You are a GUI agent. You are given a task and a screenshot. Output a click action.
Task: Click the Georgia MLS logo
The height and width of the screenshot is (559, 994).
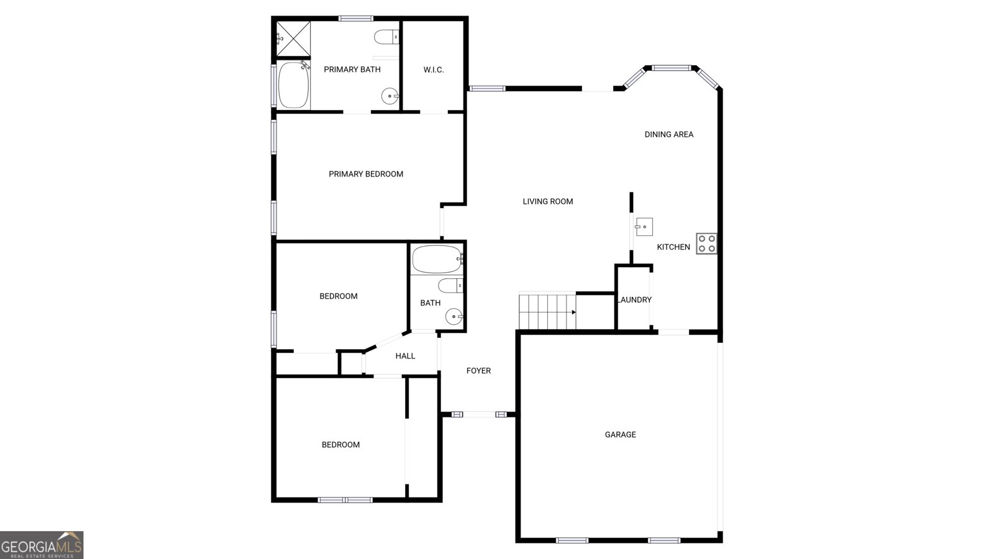[x=41, y=545]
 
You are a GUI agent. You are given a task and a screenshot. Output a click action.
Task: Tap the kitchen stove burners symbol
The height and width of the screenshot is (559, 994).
[x=706, y=243]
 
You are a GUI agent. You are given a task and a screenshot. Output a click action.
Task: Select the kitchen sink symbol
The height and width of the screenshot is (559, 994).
[x=644, y=227]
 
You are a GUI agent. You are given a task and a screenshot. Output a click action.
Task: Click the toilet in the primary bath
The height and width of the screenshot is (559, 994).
[x=386, y=37]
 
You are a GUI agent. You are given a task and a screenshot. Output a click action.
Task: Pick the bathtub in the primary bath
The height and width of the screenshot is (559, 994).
[x=294, y=85]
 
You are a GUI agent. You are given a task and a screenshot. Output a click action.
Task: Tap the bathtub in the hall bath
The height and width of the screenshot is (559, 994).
[x=437, y=260]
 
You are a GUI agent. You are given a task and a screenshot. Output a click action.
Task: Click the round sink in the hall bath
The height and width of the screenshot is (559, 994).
[x=454, y=317]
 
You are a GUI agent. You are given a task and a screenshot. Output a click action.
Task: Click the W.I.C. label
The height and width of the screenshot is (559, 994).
[x=434, y=70]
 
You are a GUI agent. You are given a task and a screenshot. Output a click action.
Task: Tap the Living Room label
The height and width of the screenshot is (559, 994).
[x=547, y=201]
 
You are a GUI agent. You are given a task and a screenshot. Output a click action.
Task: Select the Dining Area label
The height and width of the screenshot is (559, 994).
[x=668, y=134]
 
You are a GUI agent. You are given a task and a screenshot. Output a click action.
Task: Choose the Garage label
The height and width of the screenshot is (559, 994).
[x=620, y=435]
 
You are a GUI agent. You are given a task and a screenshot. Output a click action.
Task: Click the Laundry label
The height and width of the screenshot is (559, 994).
[x=634, y=300]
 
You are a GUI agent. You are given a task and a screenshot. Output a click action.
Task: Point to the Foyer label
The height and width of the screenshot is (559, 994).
[x=478, y=371]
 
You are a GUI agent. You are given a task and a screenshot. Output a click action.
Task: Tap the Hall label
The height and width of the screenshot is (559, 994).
[x=405, y=356]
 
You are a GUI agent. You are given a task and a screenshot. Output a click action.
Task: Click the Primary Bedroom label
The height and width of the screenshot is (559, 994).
[x=366, y=174]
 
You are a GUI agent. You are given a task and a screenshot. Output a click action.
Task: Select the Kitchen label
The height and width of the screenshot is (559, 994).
[x=673, y=247]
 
